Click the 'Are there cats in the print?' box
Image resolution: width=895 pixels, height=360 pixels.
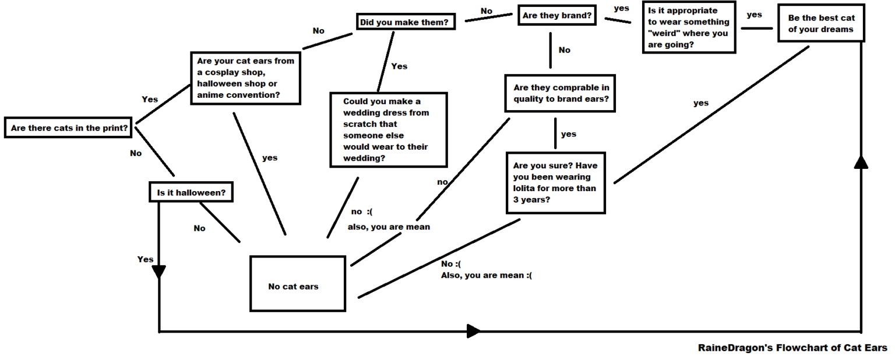69,128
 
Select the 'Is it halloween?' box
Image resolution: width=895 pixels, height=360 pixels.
191,192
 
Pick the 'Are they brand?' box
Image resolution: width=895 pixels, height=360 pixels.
557,16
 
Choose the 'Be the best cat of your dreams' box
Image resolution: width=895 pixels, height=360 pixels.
820,24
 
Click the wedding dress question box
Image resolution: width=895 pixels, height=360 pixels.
388,129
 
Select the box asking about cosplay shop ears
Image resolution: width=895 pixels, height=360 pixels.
245,78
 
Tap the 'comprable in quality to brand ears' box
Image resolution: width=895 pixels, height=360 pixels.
561,93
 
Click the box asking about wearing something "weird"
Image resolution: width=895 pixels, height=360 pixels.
688,27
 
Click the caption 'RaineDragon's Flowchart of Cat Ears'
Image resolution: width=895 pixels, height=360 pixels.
792,348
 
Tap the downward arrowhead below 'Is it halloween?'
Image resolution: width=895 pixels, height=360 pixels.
158,272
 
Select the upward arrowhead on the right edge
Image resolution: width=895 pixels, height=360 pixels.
861,162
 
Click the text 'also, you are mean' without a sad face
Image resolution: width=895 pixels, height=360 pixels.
389,227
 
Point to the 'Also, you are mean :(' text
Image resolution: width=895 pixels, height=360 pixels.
486,275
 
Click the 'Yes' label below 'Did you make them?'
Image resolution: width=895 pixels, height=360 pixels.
399,66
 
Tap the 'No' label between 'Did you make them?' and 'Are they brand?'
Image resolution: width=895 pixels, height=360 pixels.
487,10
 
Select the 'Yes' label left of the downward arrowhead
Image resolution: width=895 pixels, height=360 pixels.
145,259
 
